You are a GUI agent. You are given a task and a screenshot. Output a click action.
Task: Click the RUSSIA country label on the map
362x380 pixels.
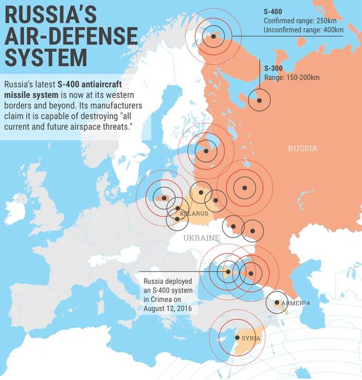[x=302, y=148]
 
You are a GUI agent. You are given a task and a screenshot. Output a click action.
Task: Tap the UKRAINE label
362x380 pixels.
[x=202, y=239]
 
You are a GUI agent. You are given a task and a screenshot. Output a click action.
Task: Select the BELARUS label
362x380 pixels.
[x=194, y=214]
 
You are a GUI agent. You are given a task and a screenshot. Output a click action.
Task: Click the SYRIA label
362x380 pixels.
[x=250, y=338]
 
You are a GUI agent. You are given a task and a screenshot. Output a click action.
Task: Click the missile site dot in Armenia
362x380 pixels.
[x=277, y=302]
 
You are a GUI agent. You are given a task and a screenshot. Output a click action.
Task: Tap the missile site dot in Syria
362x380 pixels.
[x=237, y=337]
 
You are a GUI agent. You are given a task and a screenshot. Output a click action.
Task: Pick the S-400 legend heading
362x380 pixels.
[x=273, y=11]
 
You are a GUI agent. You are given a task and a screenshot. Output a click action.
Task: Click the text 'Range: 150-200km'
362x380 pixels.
[x=292, y=78]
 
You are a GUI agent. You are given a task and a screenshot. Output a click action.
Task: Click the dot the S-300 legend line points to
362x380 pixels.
[x=259, y=100]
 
